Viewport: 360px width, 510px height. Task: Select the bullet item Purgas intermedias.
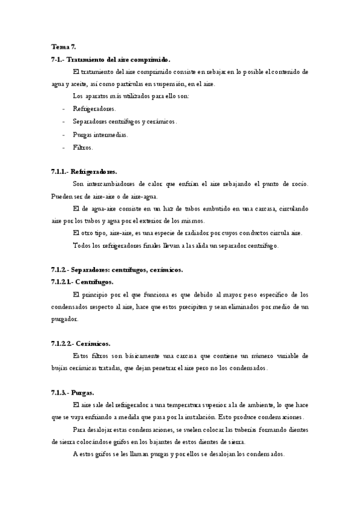click(100, 134)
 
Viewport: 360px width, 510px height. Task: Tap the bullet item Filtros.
click(83, 147)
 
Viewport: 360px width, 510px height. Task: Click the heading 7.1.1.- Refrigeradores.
click(84, 171)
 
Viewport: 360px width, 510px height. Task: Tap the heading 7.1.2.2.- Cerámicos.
click(81, 343)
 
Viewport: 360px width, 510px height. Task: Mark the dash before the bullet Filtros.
click(64, 147)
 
